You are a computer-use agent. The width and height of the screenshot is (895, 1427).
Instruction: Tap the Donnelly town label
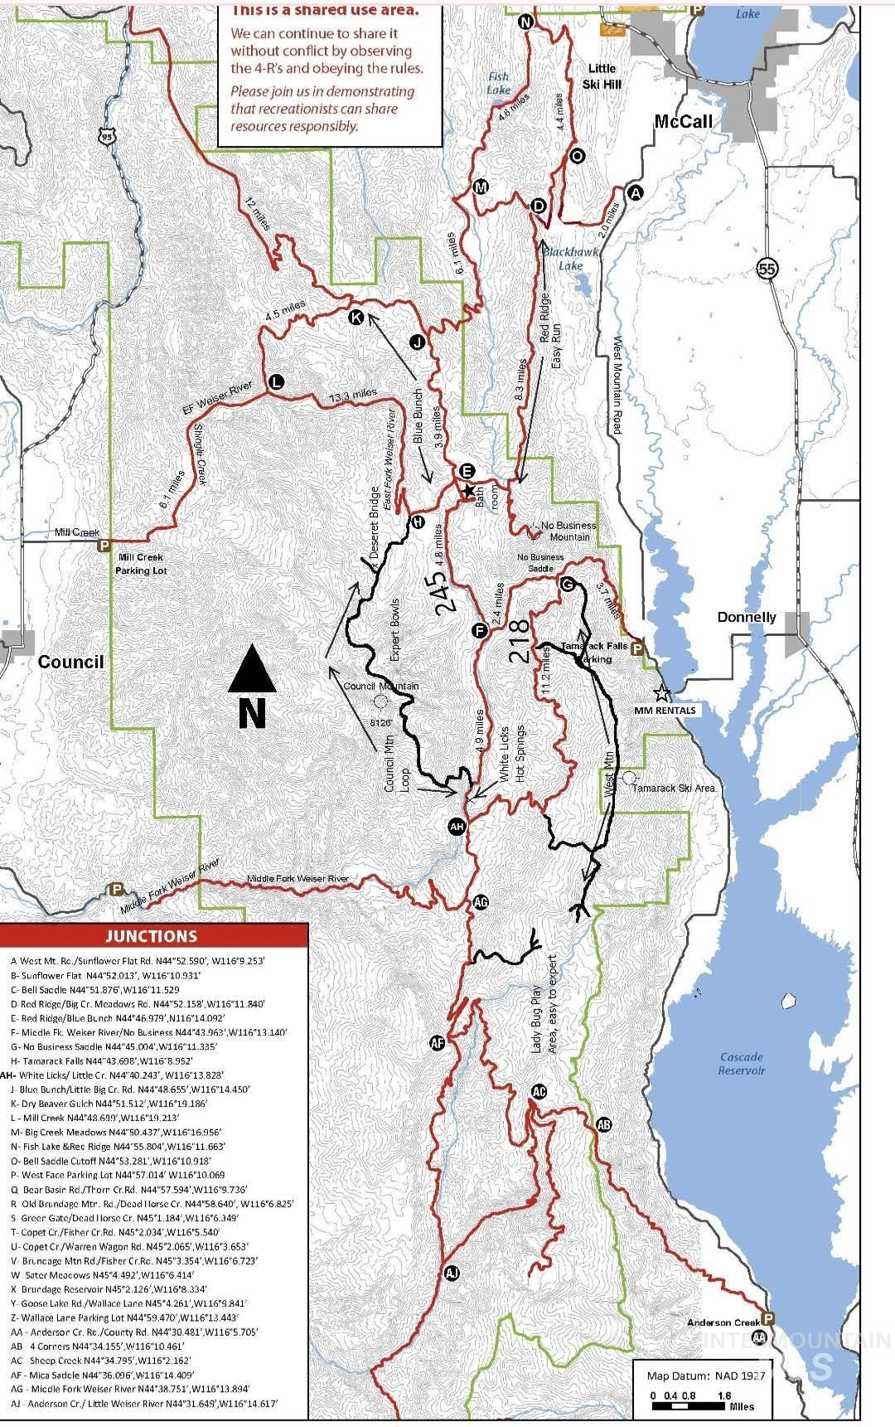[x=747, y=617]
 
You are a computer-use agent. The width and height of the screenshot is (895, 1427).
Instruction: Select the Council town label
[x=70, y=662]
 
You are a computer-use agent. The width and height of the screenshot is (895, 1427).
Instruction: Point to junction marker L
[x=276, y=381]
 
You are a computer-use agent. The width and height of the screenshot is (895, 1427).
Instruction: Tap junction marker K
[x=356, y=318]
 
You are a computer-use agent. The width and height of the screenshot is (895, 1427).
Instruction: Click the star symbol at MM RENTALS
[x=660, y=692]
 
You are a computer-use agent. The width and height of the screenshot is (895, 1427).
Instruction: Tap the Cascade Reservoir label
[x=742, y=1063]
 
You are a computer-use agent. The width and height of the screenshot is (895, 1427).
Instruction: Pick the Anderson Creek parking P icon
[x=768, y=1318]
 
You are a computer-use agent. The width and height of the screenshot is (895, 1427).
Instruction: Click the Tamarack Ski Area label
[x=673, y=788]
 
